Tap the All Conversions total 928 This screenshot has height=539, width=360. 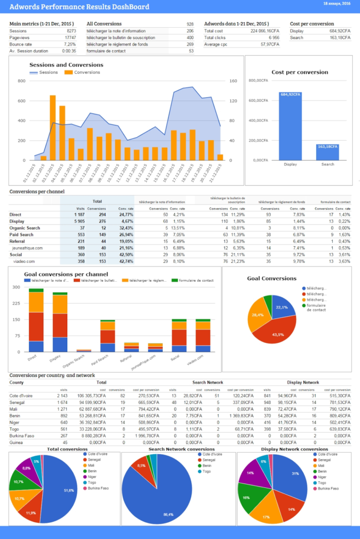coord(189,24)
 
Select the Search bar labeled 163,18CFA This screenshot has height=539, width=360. coord(328,152)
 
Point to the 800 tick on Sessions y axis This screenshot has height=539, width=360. coord(22,81)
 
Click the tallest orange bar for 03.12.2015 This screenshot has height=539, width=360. coord(53,128)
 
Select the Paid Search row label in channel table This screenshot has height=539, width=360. coord(22,234)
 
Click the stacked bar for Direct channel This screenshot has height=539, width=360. coord(36,322)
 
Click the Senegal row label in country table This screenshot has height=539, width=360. coord(17,402)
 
